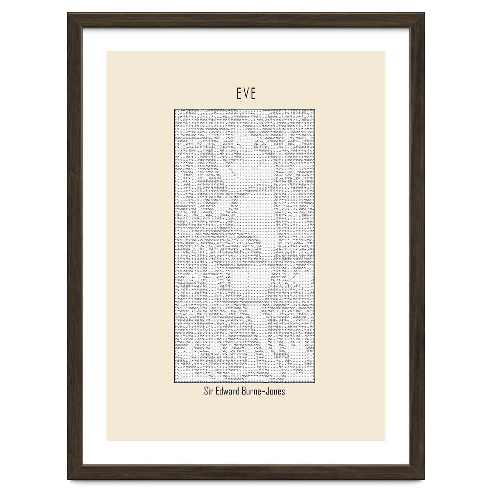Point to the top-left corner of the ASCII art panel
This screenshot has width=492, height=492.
[175, 109]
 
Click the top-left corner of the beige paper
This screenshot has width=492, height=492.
[107, 51]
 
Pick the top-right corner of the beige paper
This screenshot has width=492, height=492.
[385, 51]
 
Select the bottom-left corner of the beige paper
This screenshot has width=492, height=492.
[107, 441]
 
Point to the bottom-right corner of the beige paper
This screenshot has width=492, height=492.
[385, 441]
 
